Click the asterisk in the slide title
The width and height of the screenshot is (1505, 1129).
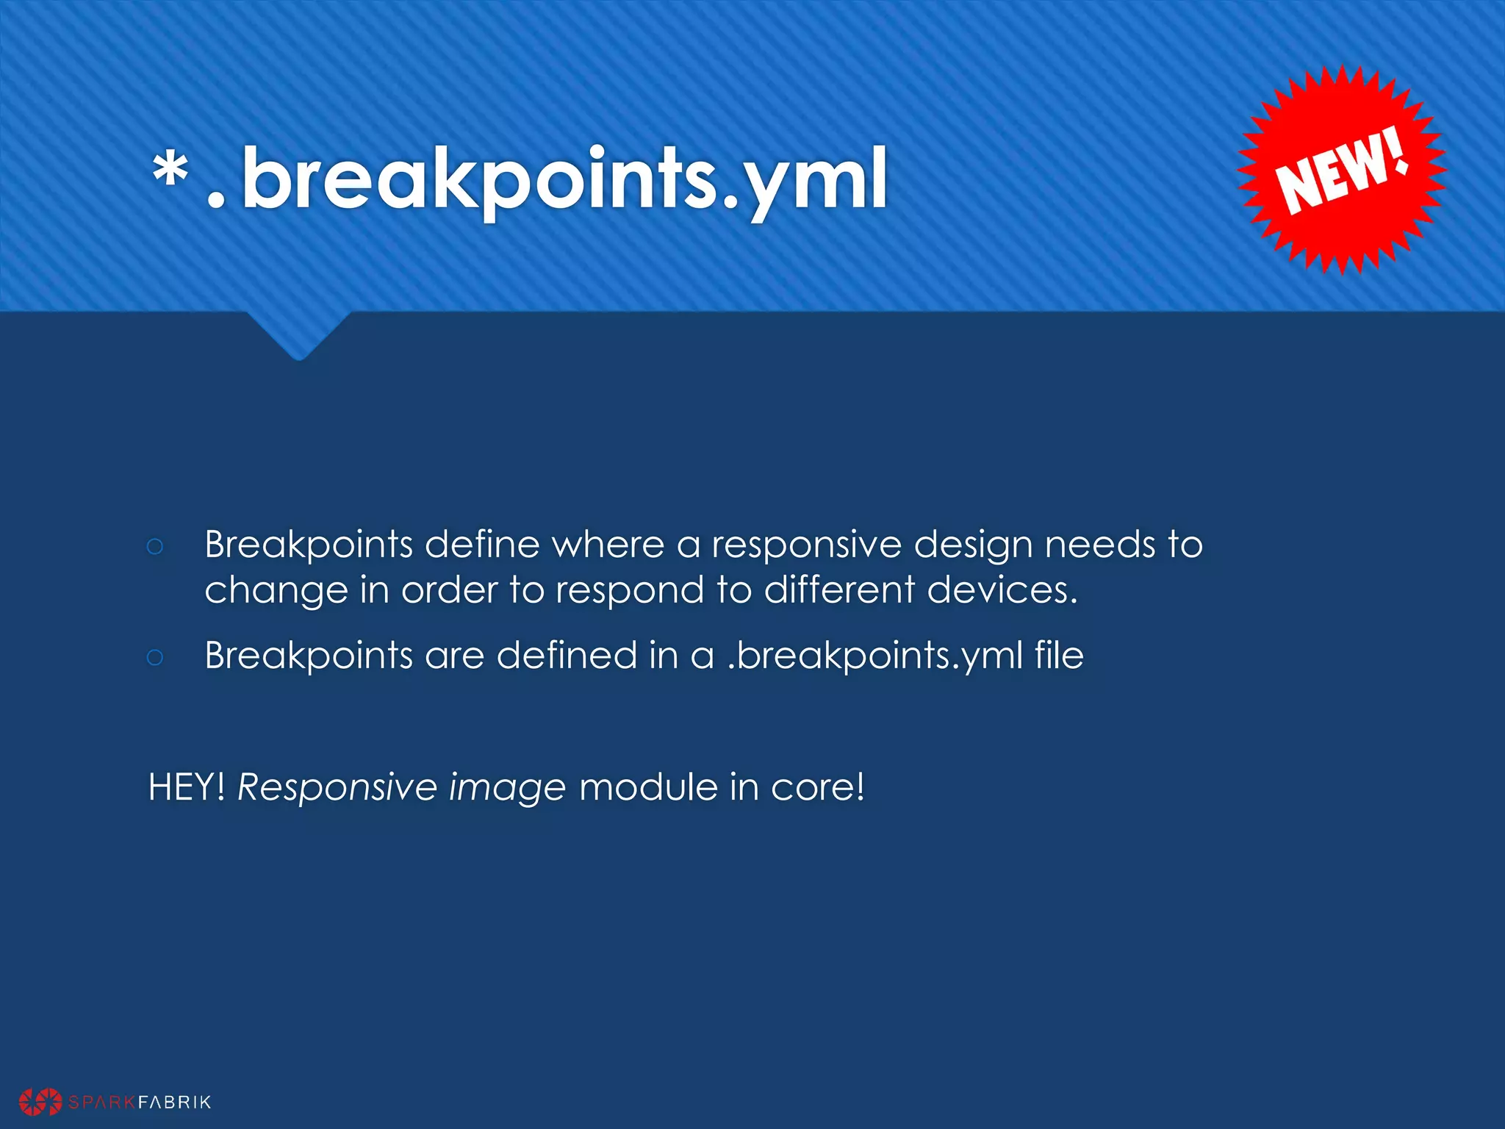170,173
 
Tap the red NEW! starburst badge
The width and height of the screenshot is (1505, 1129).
1342,171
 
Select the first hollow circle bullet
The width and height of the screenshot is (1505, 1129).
154,546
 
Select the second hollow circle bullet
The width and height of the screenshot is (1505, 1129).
154,656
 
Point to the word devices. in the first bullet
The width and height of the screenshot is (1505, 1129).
1002,590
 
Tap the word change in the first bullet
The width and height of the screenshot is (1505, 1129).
276,590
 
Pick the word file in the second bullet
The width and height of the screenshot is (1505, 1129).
1059,655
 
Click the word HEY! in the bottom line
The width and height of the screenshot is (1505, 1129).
187,787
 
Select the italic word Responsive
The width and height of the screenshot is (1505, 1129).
337,787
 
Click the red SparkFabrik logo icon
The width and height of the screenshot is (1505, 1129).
40,1101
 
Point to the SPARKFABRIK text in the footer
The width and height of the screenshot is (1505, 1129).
140,1102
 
